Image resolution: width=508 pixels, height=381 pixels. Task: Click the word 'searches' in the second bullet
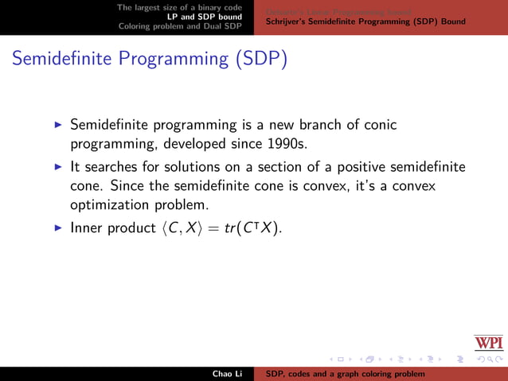pyautogui.click(x=111, y=167)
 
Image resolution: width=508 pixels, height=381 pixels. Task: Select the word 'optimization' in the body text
pyautogui.click(x=110, y=205)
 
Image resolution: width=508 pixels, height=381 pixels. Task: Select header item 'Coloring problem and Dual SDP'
pyautogui.click(x=180, y=25)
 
